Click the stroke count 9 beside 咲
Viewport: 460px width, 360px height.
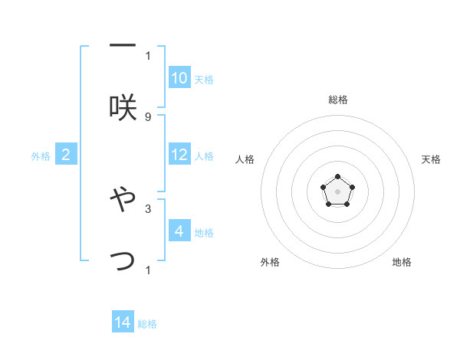point(147,116)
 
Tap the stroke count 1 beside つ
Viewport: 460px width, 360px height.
point(147,270)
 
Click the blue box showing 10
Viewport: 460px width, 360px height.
point(179,78)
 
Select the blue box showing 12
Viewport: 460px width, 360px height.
point(179,155)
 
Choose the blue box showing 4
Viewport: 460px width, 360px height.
point(179,231)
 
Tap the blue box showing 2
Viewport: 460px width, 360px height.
point(66,155)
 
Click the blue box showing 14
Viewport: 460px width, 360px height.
point(123,322)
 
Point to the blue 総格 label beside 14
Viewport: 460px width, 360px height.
point(147,324)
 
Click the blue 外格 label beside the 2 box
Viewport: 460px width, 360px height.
point(41,156)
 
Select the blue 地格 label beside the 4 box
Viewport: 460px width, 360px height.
point(204,233)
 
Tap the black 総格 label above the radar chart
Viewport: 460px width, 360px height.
point(338,100)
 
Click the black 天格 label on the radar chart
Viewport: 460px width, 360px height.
point(432,159)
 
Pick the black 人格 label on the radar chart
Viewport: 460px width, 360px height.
point(245,159)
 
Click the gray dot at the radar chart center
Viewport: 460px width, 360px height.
point(338,191)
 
